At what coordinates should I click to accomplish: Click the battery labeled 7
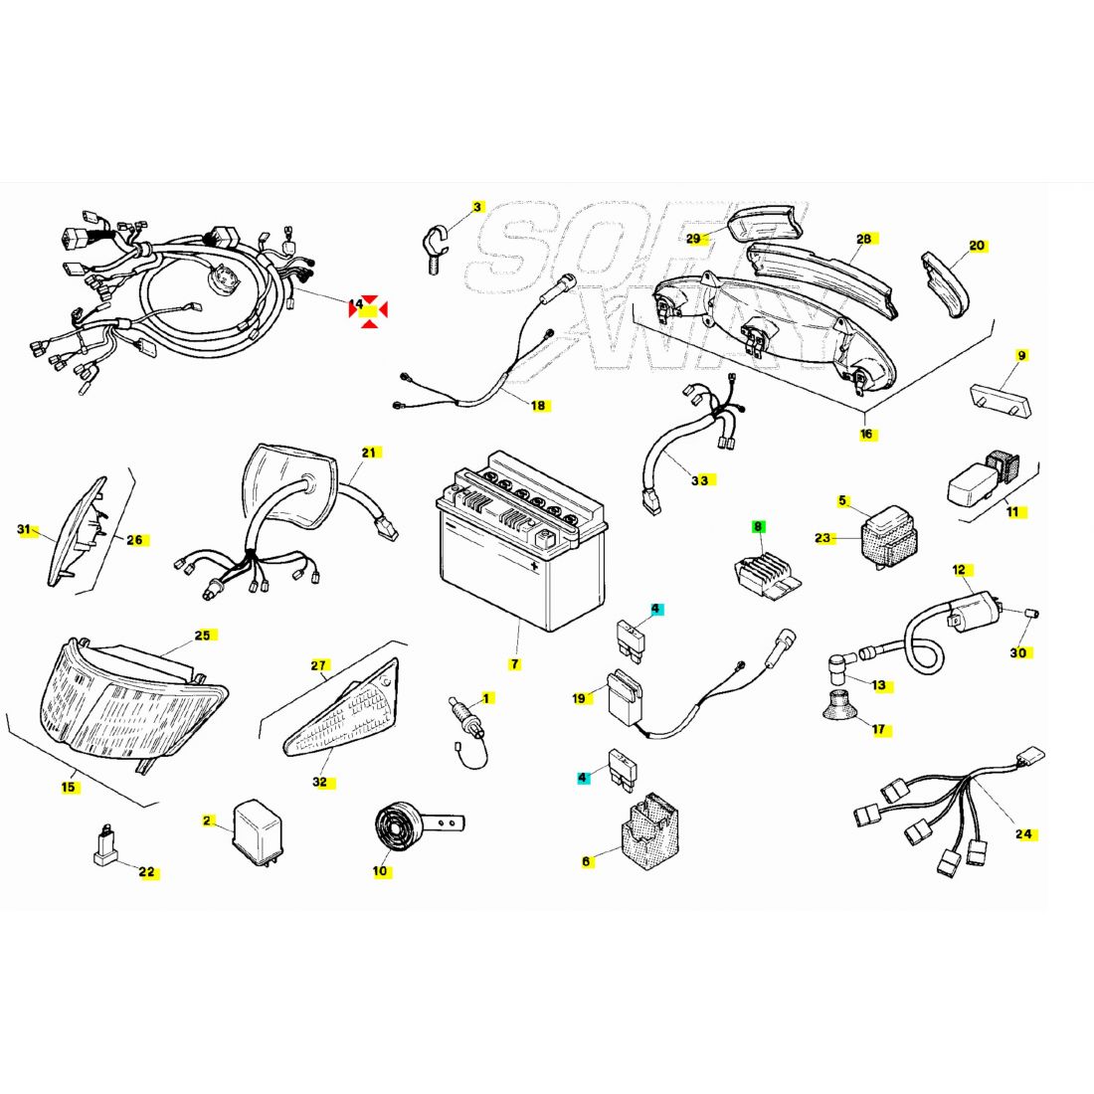[x=522, y=541]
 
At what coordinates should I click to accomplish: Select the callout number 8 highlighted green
[x=758, y=527]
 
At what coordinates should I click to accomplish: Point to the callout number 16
[x=866, y=434]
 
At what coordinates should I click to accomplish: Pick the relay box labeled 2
[x=259, y=831]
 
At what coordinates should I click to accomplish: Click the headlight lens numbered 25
[x=132, y=700]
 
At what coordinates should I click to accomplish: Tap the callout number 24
[x=1023, y=833]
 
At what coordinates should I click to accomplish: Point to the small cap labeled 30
[x=1031, y=614]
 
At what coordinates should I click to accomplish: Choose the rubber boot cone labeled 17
[x=840, y=703]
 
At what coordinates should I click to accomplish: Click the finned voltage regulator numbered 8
[x=766, y=574]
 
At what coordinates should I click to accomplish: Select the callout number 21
[x=369, y=453]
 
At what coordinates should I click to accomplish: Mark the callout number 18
[x=538, y=406]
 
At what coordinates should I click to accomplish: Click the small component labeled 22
[x=106, y=844]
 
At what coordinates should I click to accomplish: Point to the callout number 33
[x=700, y=480]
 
